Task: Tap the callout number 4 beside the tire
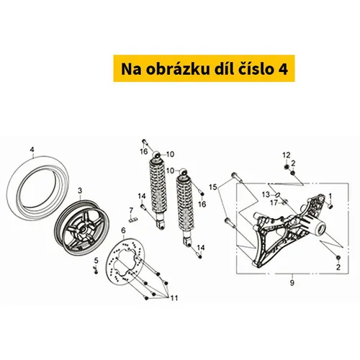pyautogui.click(x=32, y=150)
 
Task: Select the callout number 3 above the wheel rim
pyautogui.click(x=80, y=191)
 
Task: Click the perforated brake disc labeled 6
pyautogui.click(x=125, y=259)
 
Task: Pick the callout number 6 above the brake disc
pyautogui.click(x=123, y=230)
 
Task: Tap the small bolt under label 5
pyautogui.click(x=96, y=271)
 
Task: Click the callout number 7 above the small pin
pyautogui.click(x=131, y=210)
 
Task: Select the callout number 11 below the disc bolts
pyautogui.click(x=174, y=298)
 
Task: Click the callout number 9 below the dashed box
pyautogui.click(x=292, y=283)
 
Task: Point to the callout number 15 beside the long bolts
pyautogui.click(x=212, y=187)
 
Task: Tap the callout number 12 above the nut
pyautogui.click(x=287, y=155)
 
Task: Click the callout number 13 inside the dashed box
pyautogui.click(x=266, y=194)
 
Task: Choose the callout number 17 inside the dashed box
pyautogui.click(x=274, y=203)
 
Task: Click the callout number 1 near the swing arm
pyautogui.click(x=330, y=197)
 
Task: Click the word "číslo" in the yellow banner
pyautogui.click(x=256, y=69)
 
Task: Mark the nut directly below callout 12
pyautogui.click(x=286, y=166)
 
